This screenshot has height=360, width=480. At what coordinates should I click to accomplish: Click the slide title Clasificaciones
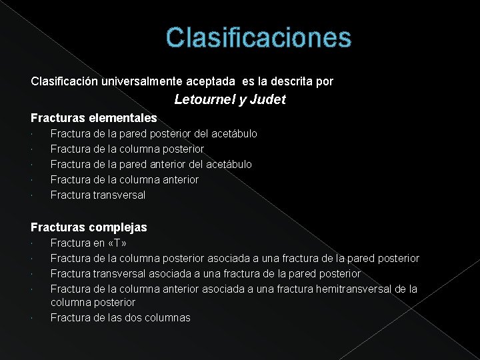(258, 37)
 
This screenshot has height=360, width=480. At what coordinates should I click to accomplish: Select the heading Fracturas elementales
(94, 118)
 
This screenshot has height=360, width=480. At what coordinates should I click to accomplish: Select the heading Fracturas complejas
(89, 227)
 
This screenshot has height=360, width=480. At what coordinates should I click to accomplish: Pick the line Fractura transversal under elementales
(97, 195)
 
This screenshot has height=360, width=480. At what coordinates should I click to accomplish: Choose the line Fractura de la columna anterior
(124, 179)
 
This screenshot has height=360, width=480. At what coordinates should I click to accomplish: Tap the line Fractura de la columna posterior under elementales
(127, 149)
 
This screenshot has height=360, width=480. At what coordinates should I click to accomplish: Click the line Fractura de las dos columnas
(120, 317)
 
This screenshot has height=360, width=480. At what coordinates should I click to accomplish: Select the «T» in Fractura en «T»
(117, 243)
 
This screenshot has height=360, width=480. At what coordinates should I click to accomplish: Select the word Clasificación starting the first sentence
(65, 81)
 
